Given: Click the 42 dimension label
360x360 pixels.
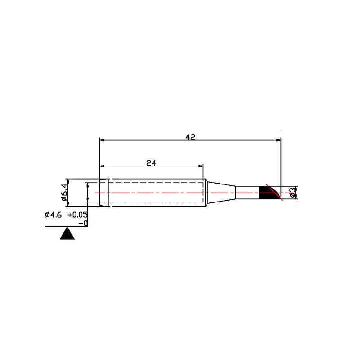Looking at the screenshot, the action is coord(190,137).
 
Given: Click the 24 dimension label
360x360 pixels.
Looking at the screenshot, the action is coord(151,163).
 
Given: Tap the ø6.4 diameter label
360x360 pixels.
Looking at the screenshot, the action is coord(64,193).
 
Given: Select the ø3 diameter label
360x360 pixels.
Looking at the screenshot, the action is coord(292,193).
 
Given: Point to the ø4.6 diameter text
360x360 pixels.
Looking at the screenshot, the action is coord(53,215).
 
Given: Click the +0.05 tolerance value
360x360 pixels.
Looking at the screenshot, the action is coord(77,215).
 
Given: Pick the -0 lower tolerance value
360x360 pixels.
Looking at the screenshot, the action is coord(83,223).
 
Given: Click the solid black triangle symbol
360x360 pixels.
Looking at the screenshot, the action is coord(67,234).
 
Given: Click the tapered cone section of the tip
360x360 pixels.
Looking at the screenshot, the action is coord(221,193).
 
